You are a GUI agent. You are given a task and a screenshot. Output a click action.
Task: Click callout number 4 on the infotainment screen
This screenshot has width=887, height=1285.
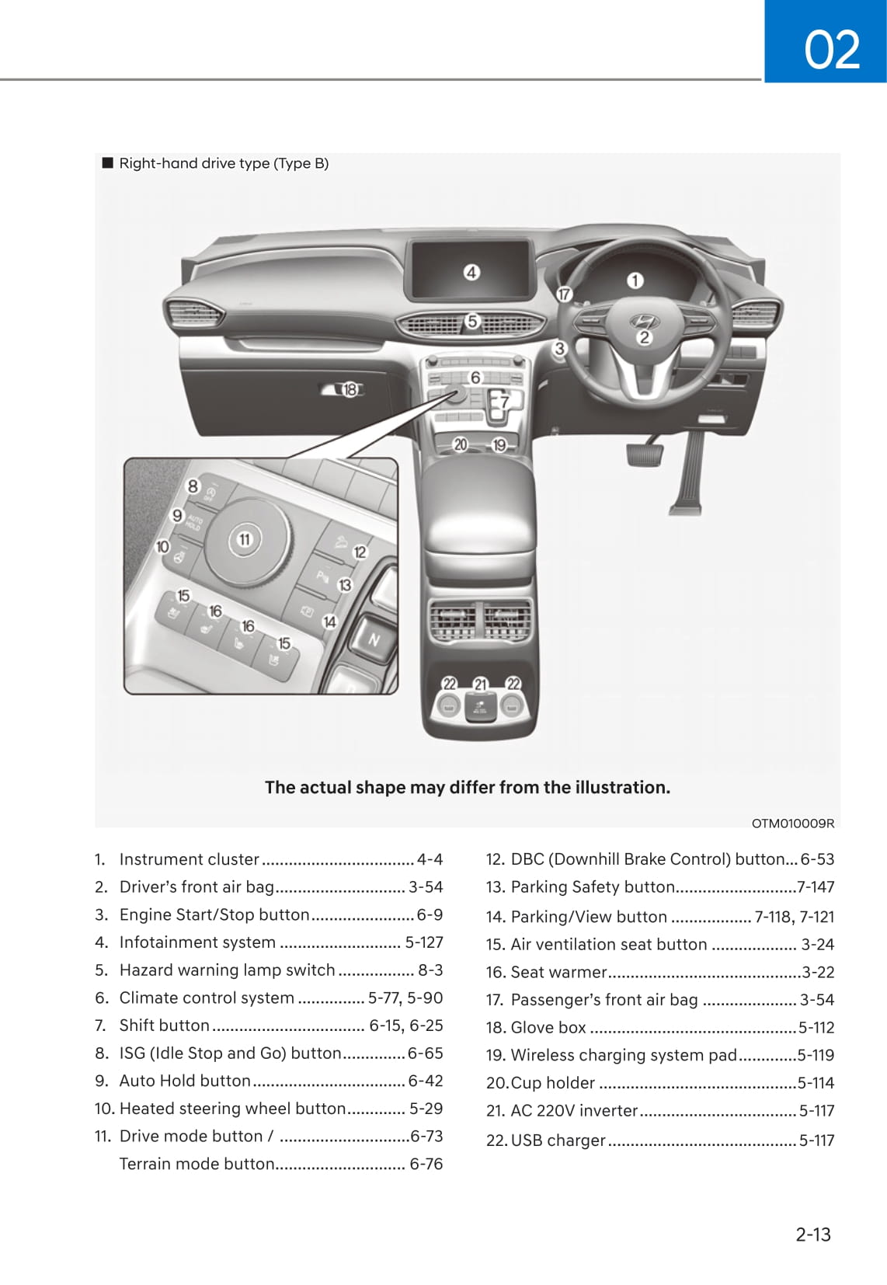471,273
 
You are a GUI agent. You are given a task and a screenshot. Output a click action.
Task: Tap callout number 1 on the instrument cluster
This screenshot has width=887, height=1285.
635,280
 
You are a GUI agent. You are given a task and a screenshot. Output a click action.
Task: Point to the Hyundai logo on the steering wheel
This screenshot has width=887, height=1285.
642,320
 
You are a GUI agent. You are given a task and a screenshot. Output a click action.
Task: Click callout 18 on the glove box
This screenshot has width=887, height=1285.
350,389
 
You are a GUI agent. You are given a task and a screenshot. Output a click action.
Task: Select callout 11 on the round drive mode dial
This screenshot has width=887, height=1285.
245,539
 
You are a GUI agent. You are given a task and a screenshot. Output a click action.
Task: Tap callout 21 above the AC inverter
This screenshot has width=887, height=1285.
480,684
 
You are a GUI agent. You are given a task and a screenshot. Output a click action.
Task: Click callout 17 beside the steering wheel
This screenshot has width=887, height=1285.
564,294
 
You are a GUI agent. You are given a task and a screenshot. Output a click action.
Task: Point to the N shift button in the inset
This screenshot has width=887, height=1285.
374,640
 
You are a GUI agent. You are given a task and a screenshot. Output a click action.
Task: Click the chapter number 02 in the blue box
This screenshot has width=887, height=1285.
831,49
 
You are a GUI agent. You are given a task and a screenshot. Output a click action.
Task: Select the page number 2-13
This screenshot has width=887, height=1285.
812,1234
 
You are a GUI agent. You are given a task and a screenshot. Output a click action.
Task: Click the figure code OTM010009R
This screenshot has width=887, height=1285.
792,824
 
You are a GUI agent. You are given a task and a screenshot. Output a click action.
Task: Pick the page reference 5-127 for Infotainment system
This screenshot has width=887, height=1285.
423,942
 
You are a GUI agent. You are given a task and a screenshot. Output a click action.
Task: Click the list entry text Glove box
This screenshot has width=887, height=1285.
548,1027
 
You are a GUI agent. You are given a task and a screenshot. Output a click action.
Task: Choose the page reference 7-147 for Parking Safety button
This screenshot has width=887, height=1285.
816,886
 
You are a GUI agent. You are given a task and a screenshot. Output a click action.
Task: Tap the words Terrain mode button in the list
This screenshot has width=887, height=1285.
197,1164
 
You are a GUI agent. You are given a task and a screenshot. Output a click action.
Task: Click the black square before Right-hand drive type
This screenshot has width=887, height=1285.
107,163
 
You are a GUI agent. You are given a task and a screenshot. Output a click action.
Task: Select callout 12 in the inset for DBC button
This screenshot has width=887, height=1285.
360,552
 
